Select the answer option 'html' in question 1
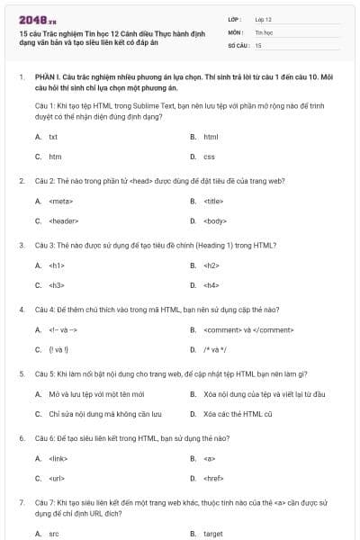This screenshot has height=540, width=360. [x=211, y=137]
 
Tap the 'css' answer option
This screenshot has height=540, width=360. [x=209, y=157]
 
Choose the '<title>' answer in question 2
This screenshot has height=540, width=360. [x=213, y=201]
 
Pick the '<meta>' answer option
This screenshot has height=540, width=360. [x=60, y=201]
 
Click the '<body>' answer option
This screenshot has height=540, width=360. [x=214, y=220]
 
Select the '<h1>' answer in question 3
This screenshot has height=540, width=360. [x=57, y=265]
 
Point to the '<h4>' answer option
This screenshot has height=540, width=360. [x=211, y=285]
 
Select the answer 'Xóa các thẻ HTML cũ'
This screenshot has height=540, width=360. [x=232, y=414]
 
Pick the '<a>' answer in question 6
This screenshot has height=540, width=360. [x=208, y=459]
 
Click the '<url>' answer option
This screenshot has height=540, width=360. [x=58, y=479]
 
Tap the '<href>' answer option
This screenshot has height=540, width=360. [x=213, y=479]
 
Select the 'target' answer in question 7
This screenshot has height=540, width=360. [x=212, y=534]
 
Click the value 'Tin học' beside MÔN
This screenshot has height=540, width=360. [x=263, y=31]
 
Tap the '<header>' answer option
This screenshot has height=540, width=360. [x=63, y=220]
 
